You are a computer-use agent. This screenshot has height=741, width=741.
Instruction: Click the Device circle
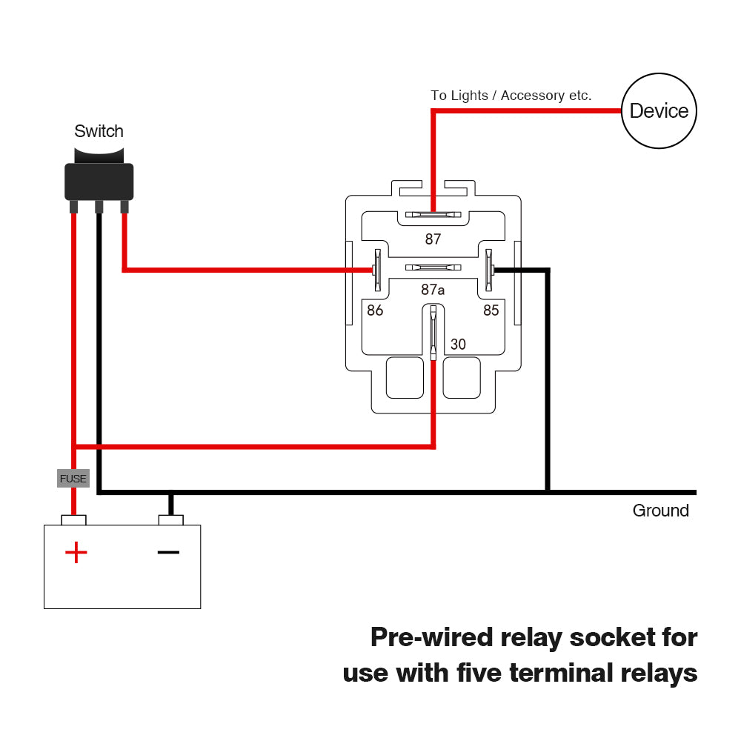(659, 111)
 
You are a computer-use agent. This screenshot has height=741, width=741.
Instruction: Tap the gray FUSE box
(73, 479)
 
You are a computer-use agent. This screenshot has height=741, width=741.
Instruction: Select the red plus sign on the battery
(76, 552)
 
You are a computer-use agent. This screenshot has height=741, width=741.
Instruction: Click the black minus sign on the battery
(169, 552)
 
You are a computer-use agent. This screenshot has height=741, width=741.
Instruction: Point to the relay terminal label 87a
(433, 290)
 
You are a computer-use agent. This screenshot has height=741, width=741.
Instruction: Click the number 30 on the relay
(459, 345)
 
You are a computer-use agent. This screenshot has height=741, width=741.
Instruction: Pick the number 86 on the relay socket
(375, 310)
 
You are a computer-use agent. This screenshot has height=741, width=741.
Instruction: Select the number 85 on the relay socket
(491, 310)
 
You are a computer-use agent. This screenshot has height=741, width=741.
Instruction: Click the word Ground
(660, 511)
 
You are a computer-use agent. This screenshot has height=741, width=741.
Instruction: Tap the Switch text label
(99, 132)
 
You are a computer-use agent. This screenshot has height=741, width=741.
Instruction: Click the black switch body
(99, 180)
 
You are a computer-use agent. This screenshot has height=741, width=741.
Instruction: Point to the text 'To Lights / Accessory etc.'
(511, 96)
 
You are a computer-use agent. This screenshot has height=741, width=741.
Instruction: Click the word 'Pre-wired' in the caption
(431, 637)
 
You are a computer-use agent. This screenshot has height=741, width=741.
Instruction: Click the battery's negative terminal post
(171, 519)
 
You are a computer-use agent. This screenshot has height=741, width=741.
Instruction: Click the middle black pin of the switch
(98, 207)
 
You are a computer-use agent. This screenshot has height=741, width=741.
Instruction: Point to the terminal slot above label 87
(433, 215)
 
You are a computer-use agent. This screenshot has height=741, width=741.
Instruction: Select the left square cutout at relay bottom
(405, 377)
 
